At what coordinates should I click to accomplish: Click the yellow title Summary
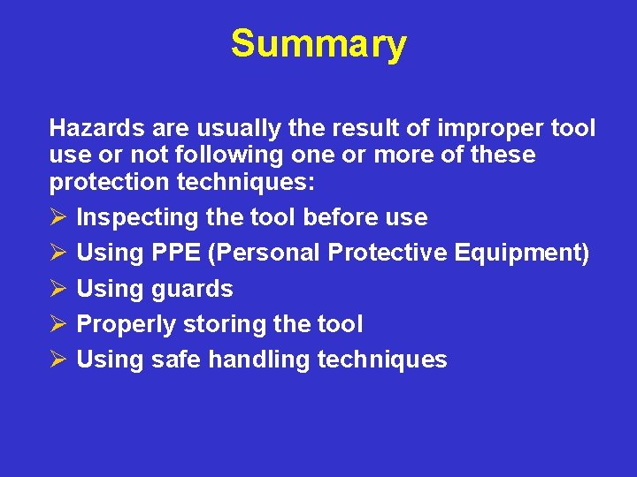pyautogui.click(x=318, y=43)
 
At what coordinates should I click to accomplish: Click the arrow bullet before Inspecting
pyautogui.click(x=58, y=217)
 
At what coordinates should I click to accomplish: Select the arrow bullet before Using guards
pyautogui.click(x=58, y=288)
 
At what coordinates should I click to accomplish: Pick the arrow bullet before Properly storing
pyautogui.click(x=58, y=324)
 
